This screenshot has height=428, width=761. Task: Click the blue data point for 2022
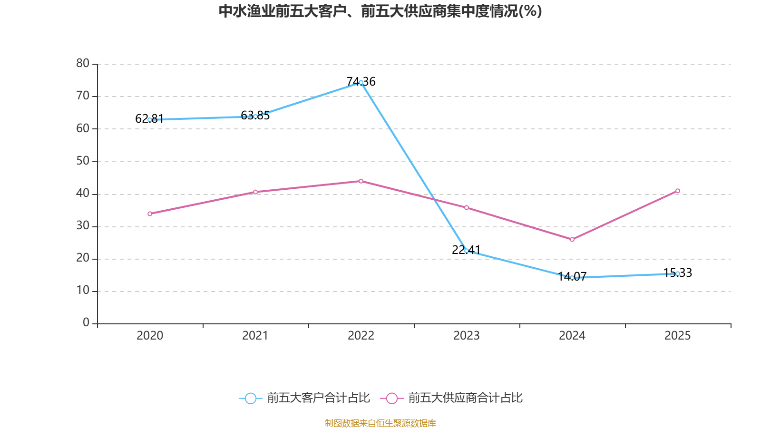[361, 83]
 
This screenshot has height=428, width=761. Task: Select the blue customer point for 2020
[150, 120]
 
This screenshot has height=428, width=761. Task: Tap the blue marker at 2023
[467, 251]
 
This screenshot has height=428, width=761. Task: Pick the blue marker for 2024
[572, 277]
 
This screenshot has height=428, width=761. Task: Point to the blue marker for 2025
[678, 273]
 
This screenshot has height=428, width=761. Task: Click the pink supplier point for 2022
[361, 181]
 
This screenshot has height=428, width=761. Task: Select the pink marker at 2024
[572, 240]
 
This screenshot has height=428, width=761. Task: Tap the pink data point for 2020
[150, 214]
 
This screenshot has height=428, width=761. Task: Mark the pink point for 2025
[678, 191]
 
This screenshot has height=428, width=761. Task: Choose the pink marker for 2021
[255, 192]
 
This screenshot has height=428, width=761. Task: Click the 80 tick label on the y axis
[83, 63]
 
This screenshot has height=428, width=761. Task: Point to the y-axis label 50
[83, 161]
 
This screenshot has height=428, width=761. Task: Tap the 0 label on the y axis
[86, 323]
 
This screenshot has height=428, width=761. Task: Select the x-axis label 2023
[467, 336]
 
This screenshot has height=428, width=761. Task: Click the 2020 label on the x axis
[150, 336]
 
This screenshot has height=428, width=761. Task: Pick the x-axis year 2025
[678, 336]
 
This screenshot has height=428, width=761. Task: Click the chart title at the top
[380, 11]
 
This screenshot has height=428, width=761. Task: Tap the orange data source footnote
[380, 423]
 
